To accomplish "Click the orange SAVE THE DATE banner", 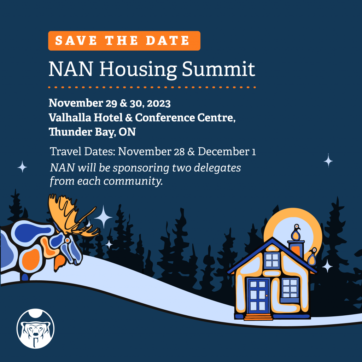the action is [124, 41].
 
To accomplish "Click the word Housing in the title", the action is [138, 69].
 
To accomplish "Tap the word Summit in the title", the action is [218, 69].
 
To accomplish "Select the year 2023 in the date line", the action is [159, 104].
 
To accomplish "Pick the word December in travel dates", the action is [223, 151].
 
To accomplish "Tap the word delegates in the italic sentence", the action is [217, 168].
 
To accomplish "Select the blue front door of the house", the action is [258, 296].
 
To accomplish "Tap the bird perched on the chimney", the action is [296, 232].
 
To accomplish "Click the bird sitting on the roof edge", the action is [313, 256].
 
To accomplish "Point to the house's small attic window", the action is [272, 260].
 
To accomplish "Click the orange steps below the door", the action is [258, 317].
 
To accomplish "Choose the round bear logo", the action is [36, 328].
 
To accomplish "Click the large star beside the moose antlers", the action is [103, 217].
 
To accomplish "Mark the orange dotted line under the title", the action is [152, 87].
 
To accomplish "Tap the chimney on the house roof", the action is [296, 249].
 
